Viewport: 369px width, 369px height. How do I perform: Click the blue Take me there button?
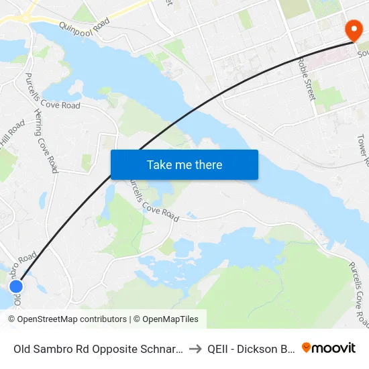[x=184, y=165]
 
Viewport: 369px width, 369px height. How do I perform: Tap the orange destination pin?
[x=352, y=30]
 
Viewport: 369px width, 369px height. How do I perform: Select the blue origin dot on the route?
[x=16, y=286]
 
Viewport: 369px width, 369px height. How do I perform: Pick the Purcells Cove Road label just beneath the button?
[x=152, y=201]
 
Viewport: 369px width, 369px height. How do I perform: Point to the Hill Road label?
[x=12, y=134]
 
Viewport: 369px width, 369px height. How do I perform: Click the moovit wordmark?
[x=334, y=348]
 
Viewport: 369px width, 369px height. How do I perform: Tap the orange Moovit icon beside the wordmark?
[x=307, y=348]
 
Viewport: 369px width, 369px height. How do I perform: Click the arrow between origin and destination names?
[x=194, y=348]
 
